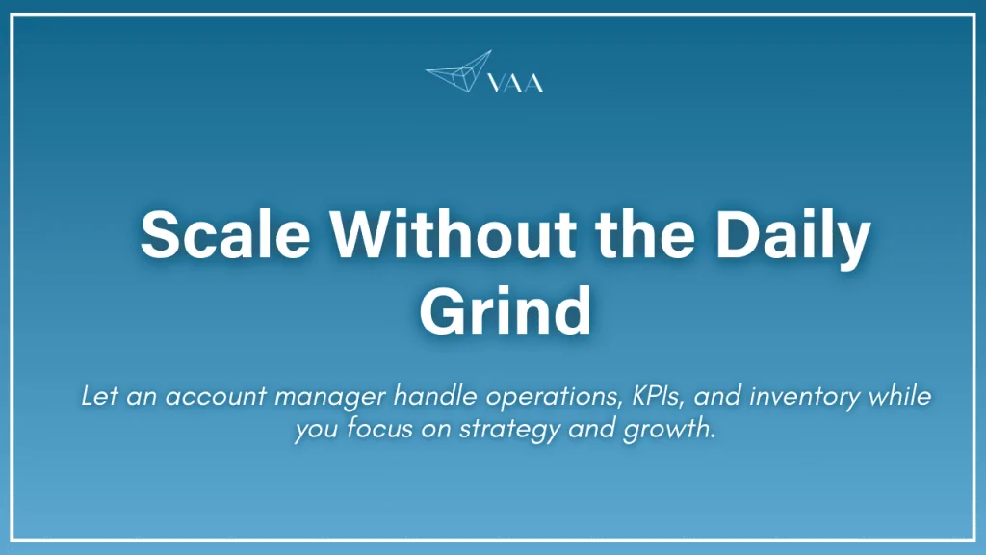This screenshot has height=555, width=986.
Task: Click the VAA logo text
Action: click(x=517, y=84)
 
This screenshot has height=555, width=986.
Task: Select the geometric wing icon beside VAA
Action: click(x=459, y=72)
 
